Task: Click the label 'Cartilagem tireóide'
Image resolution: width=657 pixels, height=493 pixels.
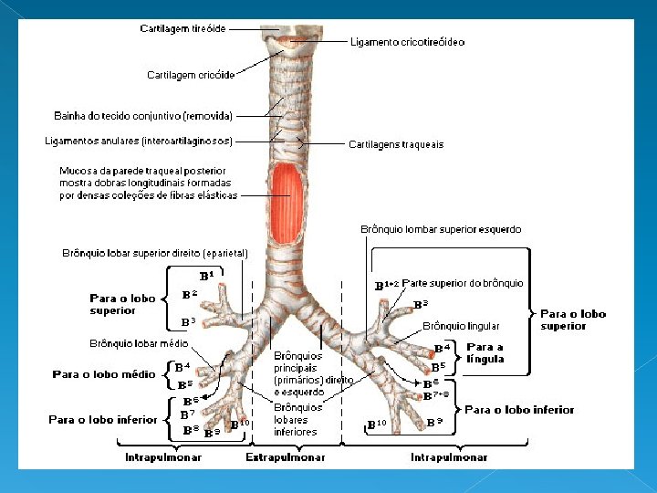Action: click(182, 29)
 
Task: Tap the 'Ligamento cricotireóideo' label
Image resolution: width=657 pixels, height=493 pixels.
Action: click(407, 42)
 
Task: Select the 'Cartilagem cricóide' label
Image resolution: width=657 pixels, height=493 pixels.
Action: click(191, 75)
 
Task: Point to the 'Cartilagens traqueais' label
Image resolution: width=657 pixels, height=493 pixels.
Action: click(396, 144)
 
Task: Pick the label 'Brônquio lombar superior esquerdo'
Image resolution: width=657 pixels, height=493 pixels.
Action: click(441, 229)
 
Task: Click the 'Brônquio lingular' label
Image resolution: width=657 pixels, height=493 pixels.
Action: click(461, 326)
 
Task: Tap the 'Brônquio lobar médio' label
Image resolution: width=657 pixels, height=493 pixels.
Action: click(139, 343)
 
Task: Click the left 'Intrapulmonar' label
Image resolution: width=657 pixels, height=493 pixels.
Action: click(163, 457)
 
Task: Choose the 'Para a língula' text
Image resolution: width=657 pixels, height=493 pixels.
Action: click(485, 352)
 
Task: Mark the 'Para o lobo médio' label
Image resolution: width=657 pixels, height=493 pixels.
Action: click(104, 374)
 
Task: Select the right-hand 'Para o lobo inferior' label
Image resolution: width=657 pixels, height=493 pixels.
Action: click(519, 410)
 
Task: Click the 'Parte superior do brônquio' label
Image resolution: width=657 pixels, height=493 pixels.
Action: click(463, 283)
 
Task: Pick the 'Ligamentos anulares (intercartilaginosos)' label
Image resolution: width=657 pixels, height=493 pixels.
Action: click(139, 141)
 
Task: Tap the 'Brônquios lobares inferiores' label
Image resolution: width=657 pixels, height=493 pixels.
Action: click(297, 419)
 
